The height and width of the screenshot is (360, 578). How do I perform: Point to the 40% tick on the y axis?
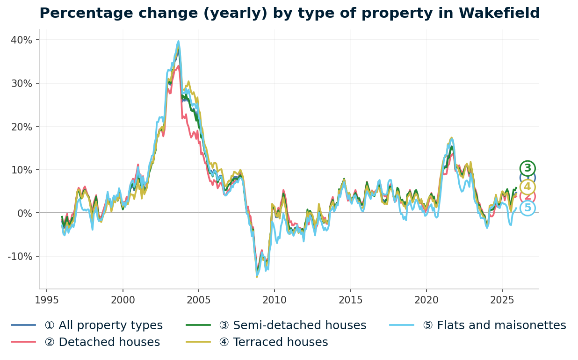[22, 40]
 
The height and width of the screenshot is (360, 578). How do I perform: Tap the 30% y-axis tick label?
[22, 83]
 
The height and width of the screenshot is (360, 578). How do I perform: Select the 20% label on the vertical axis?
[22, 127]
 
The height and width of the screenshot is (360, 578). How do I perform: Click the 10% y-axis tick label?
[22, 170]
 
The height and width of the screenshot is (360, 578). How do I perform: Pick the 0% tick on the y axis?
[24, 213]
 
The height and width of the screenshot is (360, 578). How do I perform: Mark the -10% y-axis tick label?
[20, 256]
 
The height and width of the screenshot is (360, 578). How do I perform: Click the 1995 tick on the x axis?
[47, 300]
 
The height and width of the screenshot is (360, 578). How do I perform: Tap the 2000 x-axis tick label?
[123, 300]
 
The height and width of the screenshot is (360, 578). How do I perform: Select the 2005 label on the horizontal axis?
[198, 300]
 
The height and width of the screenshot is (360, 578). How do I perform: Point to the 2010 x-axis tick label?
[274, 300]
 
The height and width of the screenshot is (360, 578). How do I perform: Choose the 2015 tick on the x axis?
[350, 300]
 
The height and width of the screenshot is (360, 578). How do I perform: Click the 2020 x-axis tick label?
[426, 300]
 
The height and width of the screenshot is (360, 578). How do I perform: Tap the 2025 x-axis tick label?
[502, 300]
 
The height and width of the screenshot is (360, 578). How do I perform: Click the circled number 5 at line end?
[527, 208]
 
